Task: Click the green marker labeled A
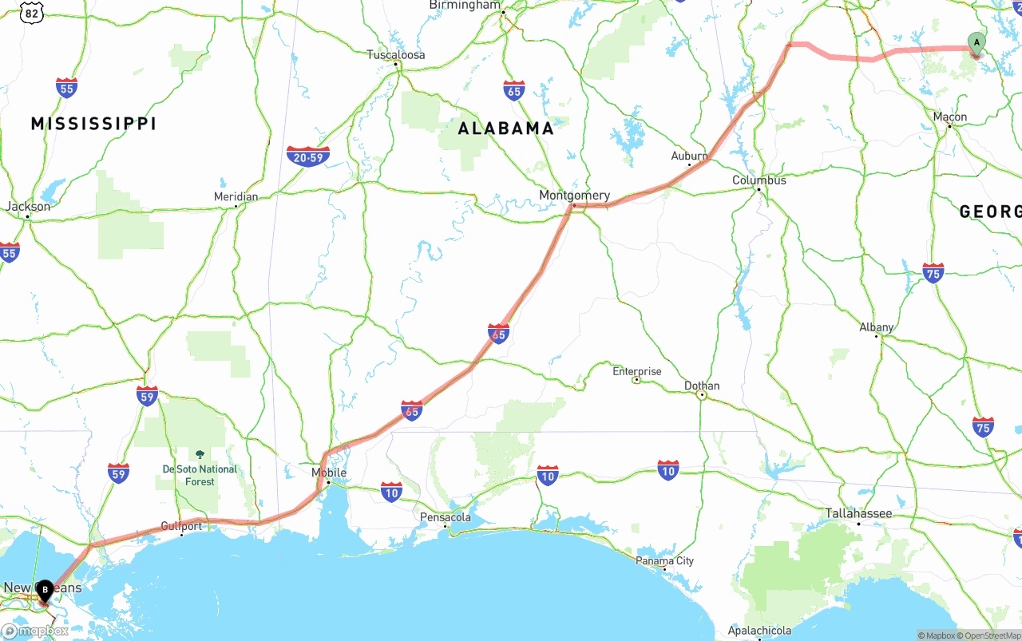click(976, 43)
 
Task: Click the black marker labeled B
click(45, 591)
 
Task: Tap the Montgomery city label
click(574, 196)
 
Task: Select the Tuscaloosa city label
click(396, 55)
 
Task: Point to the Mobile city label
click(329, 473)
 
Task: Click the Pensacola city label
click(446, 517)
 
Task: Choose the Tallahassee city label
click(858, 513)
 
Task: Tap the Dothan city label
click(702, 386)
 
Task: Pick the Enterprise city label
click(636, 371)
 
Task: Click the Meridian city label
click(236, 196)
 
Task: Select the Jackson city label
click(28, 207)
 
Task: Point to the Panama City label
click(664, 560)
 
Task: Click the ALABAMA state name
click(505, 129)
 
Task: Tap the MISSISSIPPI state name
click(93, 124)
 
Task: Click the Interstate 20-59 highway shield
click(307, 156)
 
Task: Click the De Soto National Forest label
click(200, 475)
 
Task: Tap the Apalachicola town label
click(759, 631)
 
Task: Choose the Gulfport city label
click(181, 526)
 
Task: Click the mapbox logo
click(35, 631)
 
